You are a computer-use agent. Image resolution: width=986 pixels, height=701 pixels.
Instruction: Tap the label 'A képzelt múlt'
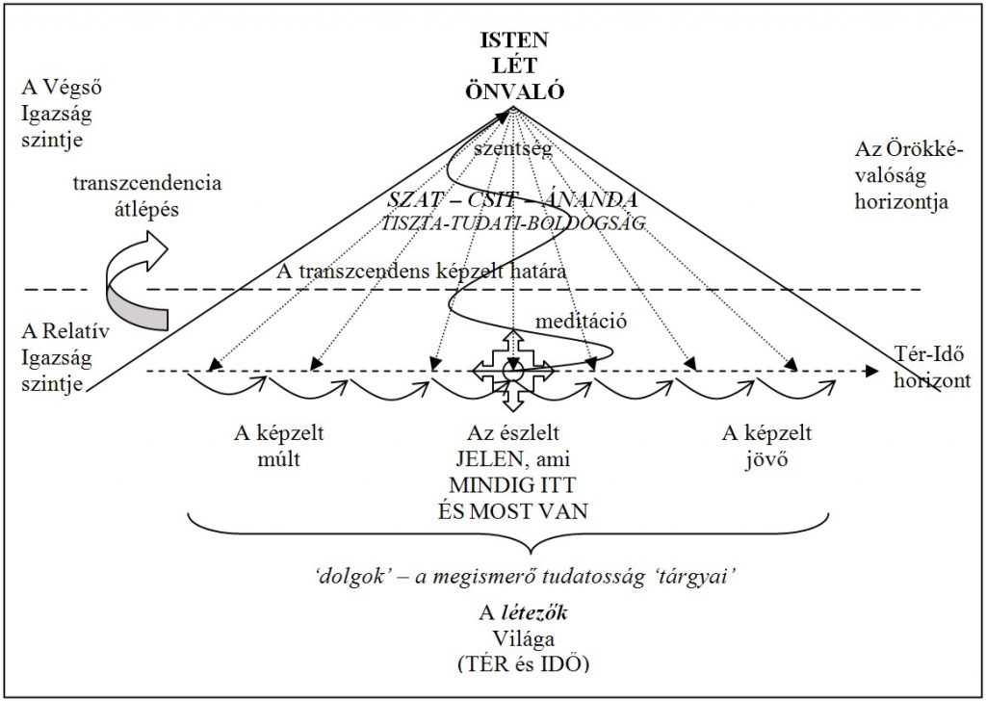click(279, 445)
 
